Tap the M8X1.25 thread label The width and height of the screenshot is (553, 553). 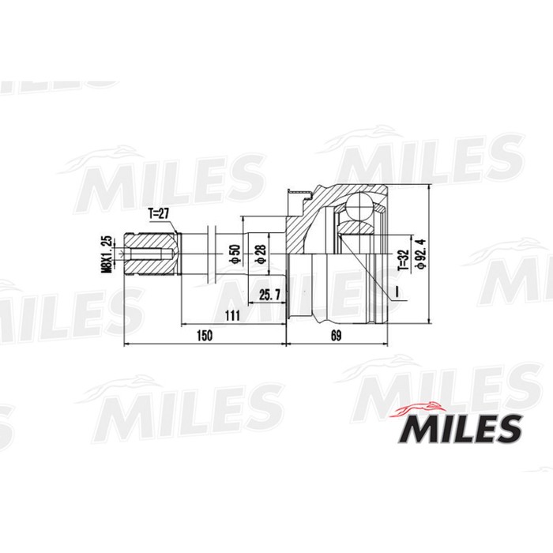tap(105, 253)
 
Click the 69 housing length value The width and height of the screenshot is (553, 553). tap(336, 336)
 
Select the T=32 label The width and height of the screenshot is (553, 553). tap(401, 258)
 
